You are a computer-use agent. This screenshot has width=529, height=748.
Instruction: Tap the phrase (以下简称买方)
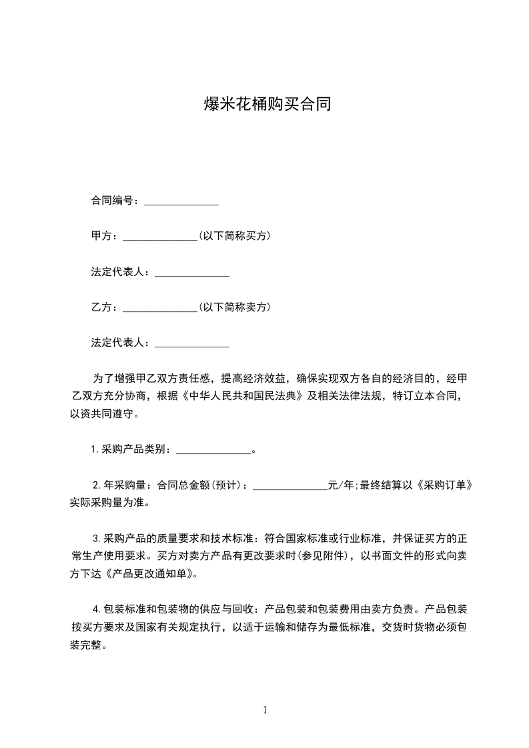pyautogui.click(x=234, y=236)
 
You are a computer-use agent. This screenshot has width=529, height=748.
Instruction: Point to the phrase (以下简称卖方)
pyautogui.click(x=234, y=307)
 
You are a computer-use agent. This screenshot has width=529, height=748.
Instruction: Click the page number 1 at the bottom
pyautogui.click(x=265, y=710)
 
